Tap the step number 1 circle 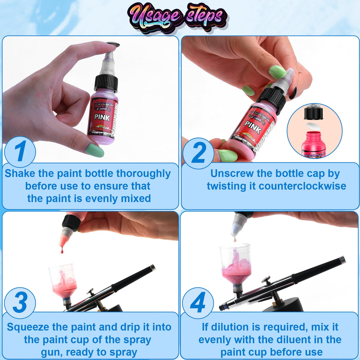20,152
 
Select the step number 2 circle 198,153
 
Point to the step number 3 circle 20,302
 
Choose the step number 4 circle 197,302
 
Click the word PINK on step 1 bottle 102,117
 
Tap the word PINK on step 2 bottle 253,127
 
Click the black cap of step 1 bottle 106,82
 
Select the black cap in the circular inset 313,113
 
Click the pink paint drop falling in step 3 62,251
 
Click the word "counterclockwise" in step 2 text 302,186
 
